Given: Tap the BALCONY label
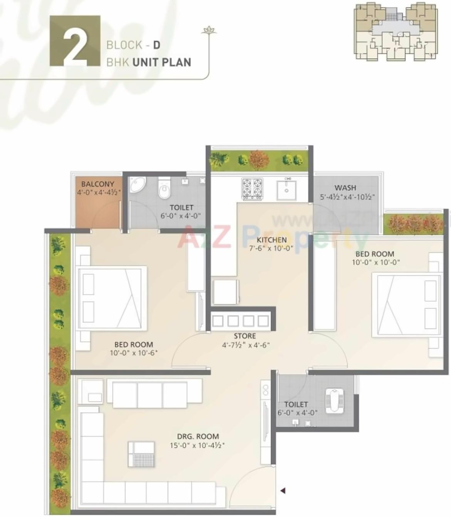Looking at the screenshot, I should pos(97,184).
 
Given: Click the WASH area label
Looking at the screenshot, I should pos(345,188).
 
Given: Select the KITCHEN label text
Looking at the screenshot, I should pos(272,240).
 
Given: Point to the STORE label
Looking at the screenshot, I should pos(245,336).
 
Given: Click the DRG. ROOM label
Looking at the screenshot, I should pos(198,437).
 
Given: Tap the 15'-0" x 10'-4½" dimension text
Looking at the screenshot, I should pos(197,445).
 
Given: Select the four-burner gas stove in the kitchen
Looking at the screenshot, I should pos(252,188).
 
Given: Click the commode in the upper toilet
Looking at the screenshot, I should pos(164,188).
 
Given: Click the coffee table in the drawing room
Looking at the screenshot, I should pos(141,454).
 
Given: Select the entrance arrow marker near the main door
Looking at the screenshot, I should pos(283,490).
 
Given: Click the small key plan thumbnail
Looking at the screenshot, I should pos(395,32).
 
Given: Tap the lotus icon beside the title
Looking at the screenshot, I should pos(209,30).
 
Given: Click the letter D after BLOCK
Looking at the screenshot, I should pos(156,45).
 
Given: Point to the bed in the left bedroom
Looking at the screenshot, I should pos(111,298).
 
